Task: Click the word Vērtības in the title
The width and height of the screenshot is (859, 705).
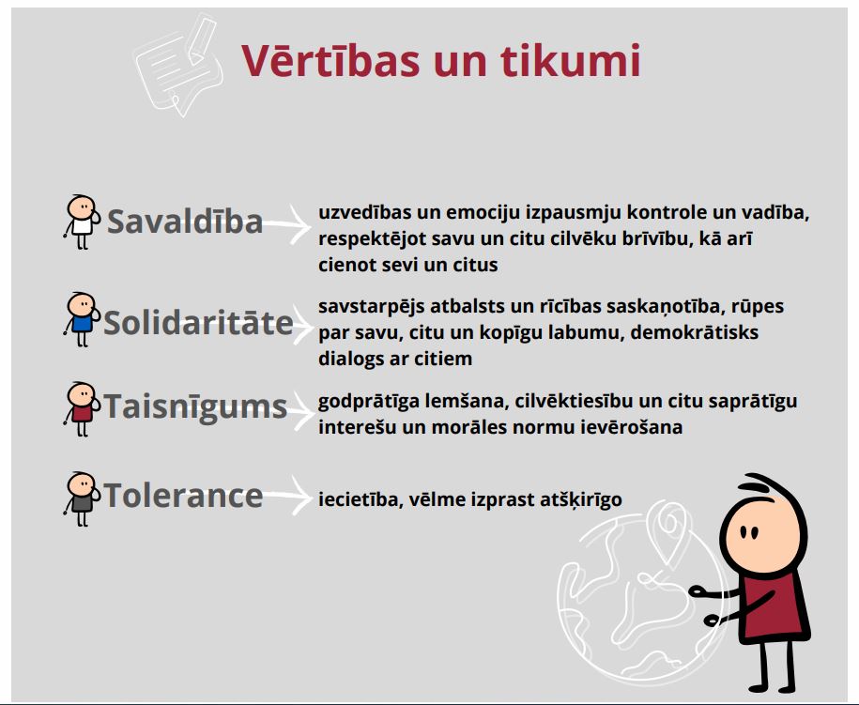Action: pos(330,60)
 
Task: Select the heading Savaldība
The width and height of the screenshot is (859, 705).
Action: pos(185,222)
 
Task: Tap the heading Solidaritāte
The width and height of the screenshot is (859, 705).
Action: pos(198,322)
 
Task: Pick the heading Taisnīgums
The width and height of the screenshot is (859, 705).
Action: pos(195,407)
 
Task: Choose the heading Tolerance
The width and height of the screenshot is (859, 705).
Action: pos(183,496)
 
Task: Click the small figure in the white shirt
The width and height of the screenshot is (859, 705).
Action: pos(83,222)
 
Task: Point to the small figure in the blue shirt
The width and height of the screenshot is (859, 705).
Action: pos(83,319)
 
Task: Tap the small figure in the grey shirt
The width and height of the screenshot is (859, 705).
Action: pos(83,498)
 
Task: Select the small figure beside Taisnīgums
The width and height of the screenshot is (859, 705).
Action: pos(83,408)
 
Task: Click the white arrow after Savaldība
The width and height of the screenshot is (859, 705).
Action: pos(287,224)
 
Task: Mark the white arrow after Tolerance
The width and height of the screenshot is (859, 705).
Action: pos(287,496)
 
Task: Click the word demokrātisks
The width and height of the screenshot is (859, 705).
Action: pos(694,332)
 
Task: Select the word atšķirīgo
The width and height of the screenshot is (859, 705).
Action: pos(581,500)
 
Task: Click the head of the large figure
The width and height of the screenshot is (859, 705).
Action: pos(762,526)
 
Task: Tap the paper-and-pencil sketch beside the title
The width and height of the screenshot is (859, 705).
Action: pos(179,65)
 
